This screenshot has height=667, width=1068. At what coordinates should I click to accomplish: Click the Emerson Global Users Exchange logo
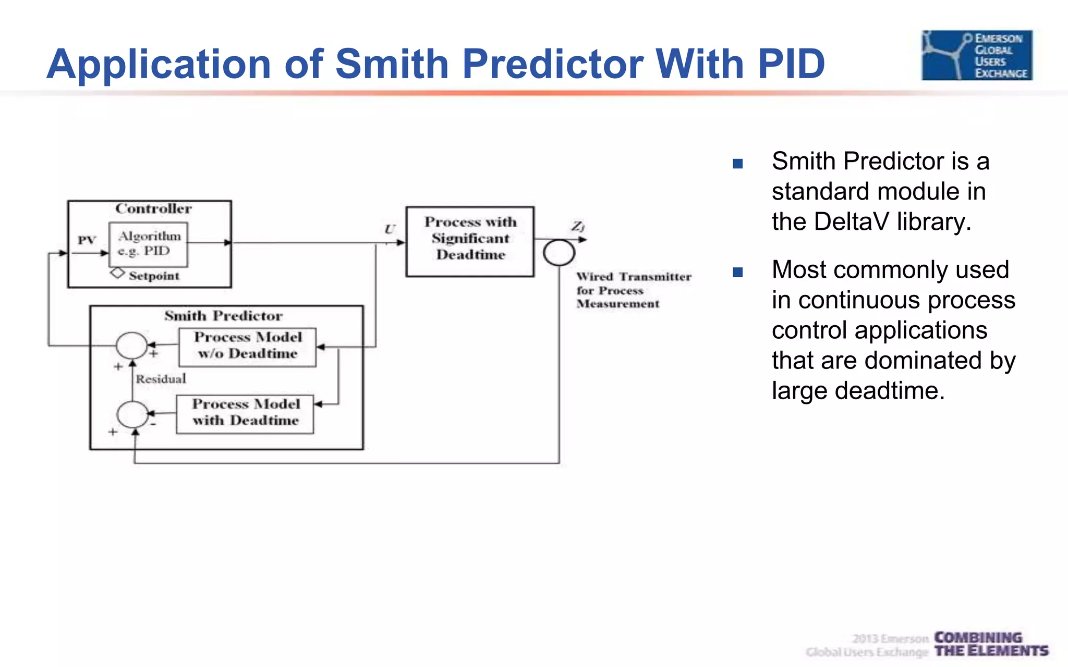point(977,55)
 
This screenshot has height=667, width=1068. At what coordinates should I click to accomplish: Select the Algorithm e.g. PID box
point(148,244)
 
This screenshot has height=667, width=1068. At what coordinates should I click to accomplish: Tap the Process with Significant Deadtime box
point(470,241)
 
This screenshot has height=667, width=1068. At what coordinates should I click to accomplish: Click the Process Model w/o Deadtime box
point(247,347)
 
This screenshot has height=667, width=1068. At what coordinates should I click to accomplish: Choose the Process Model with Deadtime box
point(245,414)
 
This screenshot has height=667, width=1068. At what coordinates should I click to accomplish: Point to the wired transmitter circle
point(559,253)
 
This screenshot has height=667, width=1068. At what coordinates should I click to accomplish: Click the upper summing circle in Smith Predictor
point(131,345)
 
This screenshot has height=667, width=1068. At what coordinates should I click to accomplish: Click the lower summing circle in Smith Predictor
point(132,415)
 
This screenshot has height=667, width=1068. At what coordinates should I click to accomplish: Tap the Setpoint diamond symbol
point(117,273)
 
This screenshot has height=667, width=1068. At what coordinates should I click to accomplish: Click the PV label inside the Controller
point(87,240)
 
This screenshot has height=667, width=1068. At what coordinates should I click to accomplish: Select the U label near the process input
point(390,229)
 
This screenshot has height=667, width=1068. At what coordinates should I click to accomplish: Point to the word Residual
point(161,379)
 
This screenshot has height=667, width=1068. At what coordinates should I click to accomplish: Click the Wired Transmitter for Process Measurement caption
point(633,290)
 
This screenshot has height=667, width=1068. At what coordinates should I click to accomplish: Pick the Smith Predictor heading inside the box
point(223,316)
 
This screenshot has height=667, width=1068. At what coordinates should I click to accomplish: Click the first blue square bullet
point(737,164)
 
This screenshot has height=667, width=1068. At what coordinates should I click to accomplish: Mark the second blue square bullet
point(737,272)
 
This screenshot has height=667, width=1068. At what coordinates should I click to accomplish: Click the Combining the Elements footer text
point(990,645)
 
